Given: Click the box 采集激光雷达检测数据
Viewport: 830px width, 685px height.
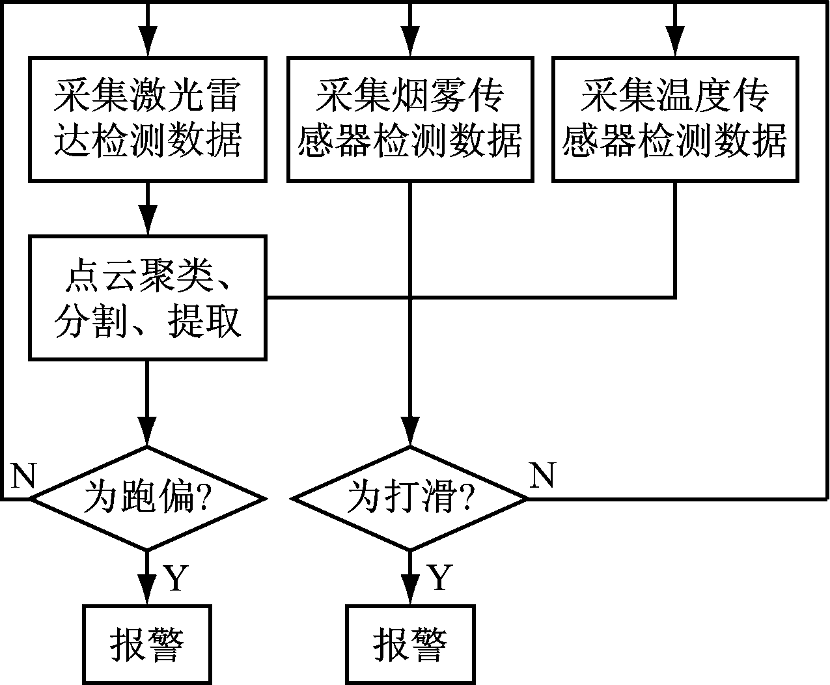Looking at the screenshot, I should pos(147,119).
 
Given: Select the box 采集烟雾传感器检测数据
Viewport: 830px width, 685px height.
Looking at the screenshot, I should pos(410,119).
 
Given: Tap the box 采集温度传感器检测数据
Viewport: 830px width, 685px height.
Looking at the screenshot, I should pos(675,119).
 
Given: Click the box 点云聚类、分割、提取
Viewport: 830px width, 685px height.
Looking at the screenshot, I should pos(147,298).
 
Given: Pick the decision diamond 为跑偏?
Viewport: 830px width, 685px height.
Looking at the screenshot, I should pos(148,499).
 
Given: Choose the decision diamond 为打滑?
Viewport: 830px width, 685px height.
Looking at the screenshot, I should pos(410,499).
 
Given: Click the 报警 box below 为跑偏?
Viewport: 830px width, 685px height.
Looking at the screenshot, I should pos(147,644).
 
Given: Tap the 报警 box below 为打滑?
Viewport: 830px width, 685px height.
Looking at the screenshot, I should pos(410,644).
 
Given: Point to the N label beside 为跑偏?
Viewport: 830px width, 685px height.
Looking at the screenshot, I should pos(23,477).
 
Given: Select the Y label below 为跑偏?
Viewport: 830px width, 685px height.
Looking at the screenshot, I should pos(176,578).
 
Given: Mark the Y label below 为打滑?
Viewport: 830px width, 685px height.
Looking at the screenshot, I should pos(439,578).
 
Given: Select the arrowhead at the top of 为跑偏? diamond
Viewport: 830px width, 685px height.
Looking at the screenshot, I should pos(148,433).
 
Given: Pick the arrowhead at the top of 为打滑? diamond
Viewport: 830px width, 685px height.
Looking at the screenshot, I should pos(410,433).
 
